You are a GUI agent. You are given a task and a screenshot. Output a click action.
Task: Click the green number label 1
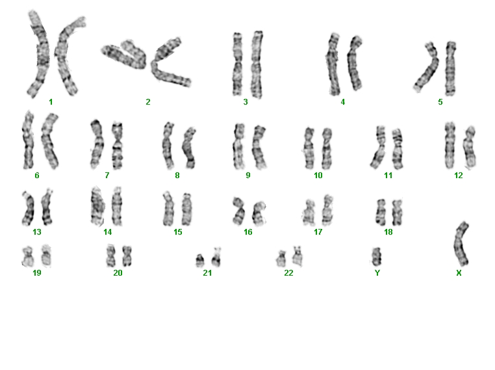[51, 101]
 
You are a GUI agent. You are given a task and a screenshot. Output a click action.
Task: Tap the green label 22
[288, 272]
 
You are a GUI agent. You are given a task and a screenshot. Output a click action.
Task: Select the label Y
[377, 272]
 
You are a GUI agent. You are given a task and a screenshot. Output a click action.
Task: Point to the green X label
[459, 272]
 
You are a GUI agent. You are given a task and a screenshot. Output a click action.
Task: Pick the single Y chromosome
[376, 257]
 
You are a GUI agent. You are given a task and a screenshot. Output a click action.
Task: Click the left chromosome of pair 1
[40, 54]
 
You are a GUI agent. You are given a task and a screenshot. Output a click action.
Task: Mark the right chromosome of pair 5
[450, 68]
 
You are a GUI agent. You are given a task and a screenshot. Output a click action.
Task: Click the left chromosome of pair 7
[97, 144]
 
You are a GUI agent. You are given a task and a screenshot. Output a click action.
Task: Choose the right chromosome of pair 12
[470, 147]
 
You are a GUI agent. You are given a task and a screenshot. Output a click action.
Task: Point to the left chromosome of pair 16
[238, 211]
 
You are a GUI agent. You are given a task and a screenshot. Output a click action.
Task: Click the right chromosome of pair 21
[216, 258]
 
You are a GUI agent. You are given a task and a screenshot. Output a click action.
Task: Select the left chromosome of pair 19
[27, 256]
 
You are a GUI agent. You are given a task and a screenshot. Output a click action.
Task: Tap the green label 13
[37, 232]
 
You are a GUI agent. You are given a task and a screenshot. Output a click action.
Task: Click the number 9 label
[247, 175]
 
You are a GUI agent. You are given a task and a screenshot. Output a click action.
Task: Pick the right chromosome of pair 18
[397, 213]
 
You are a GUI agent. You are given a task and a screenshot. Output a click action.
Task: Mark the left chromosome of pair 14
[97, 207]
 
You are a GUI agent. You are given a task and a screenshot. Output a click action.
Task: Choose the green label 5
[440, 101]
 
